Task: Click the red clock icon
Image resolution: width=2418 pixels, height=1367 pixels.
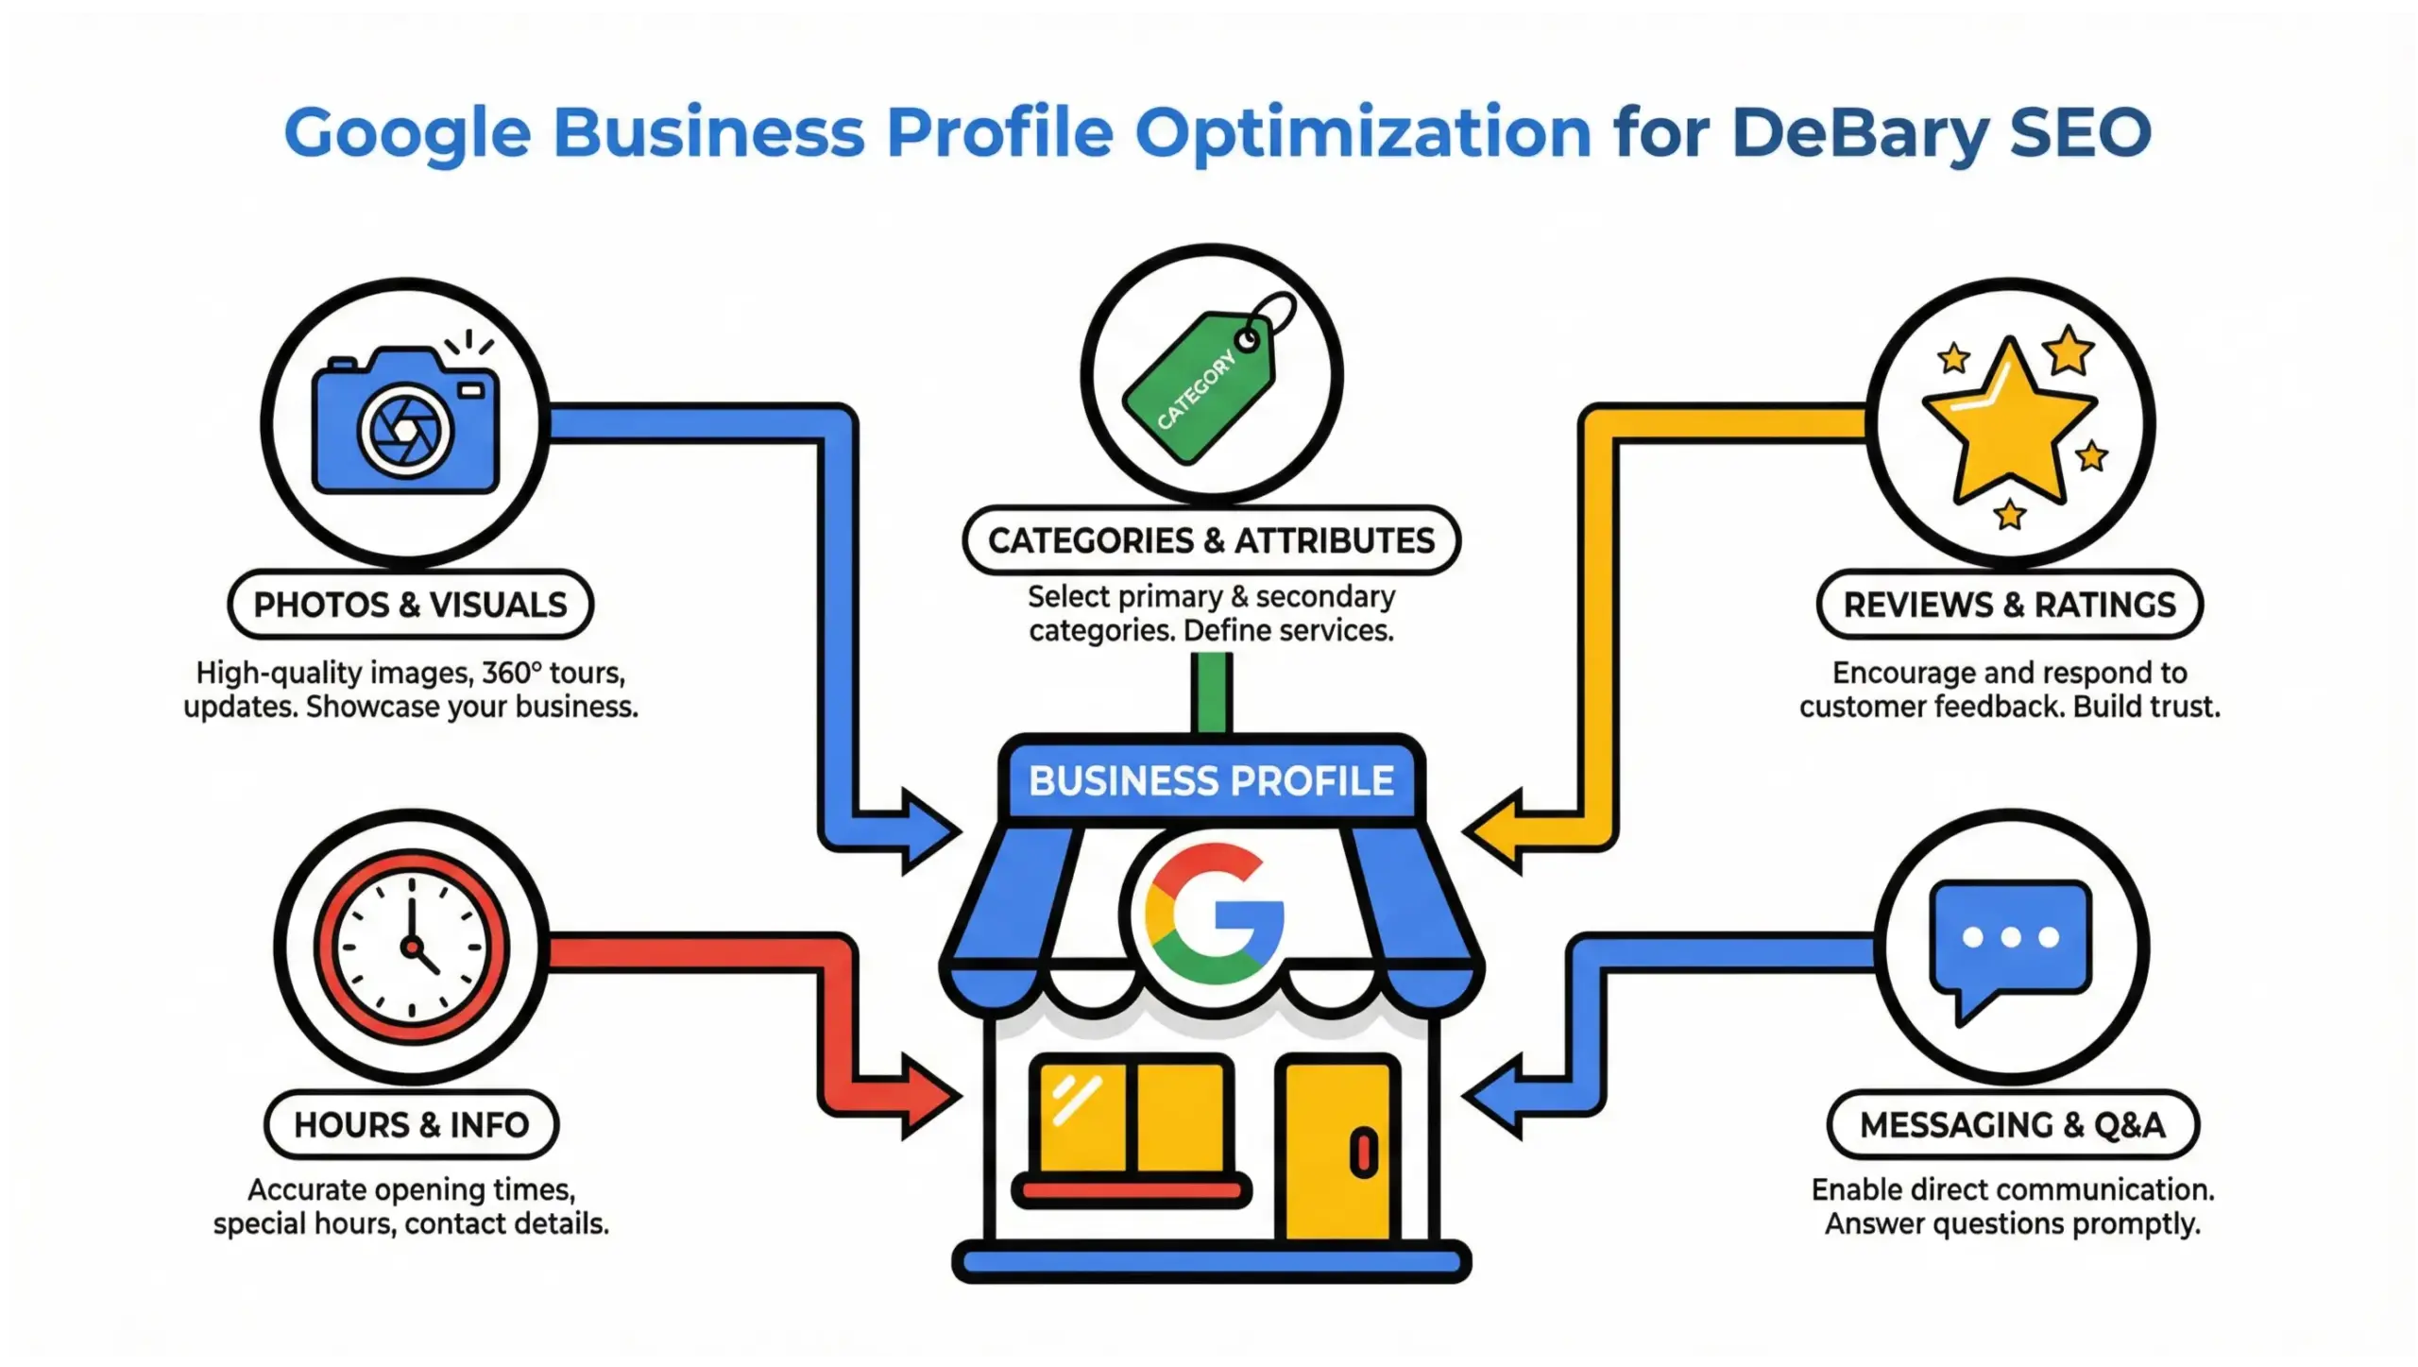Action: click(x=411, y=946)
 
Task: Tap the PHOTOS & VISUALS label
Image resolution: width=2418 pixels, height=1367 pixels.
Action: click(x=410, y=605)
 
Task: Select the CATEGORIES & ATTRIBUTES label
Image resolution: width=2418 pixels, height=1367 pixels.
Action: click(x=1211, y=540)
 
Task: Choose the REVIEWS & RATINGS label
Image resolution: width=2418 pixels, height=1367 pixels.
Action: click(x=2009, y=605)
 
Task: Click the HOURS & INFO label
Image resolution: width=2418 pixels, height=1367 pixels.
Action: click(x=411, y=1125)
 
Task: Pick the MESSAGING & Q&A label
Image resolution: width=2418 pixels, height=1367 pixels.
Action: click(x=2012, y=1125)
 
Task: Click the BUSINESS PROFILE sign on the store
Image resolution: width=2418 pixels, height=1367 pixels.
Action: click(x=1211, y=781)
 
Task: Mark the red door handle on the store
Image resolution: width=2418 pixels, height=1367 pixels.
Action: click(x=1363, y=1153)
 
